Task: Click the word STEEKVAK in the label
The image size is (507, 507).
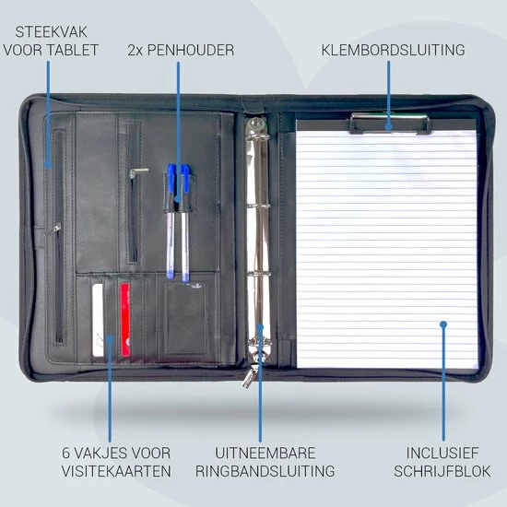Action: pos(51,31)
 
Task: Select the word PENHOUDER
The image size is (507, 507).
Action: pos(191,50)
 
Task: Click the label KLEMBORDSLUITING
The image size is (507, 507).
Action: pos(393,50)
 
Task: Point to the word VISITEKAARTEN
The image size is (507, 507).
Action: pos(116,471)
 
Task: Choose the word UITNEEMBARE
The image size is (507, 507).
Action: pos(265,453)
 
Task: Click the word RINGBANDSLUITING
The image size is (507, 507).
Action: pos(265,471)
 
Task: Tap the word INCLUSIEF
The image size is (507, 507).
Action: pos(442,453)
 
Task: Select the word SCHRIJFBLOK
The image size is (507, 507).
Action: pos(442,471)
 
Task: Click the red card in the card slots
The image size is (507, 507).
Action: pos(125,320)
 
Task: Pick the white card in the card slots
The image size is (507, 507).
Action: pos(98,320)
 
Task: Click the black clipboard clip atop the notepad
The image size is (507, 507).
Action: pos(390,124)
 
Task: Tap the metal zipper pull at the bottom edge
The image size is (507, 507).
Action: pos(249,378)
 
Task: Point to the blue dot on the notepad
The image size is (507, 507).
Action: pos(443,324)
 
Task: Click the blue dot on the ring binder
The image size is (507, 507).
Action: pos(260,327)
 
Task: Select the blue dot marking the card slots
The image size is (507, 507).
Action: pos(110,338)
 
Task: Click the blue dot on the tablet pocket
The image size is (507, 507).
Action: pos(48,166)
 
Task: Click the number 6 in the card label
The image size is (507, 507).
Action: pos(66,453)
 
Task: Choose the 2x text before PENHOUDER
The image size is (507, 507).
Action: pos(135,50)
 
